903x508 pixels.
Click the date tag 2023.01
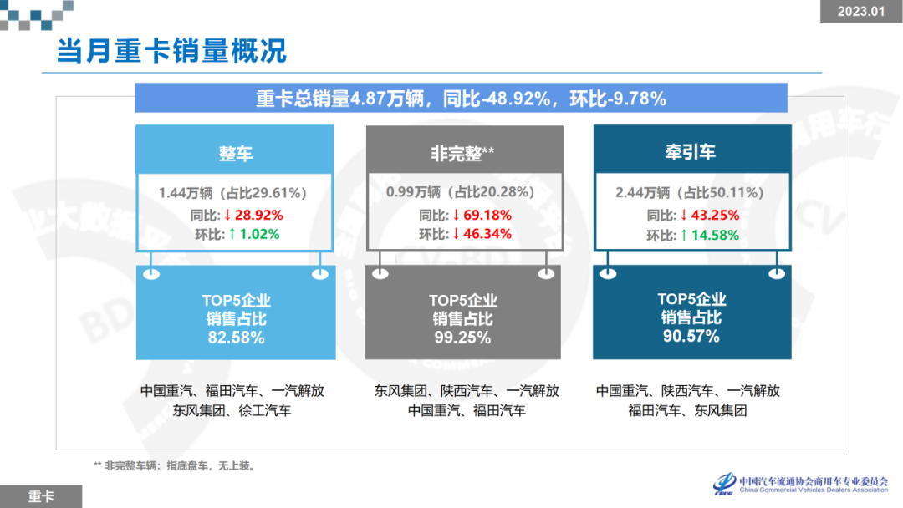860,11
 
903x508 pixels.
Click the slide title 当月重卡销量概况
171,50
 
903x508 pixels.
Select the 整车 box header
235,153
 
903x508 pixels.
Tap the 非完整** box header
462,153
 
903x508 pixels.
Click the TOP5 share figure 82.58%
236,338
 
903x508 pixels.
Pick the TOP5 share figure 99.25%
462,338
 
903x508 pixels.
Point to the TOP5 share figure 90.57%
691,337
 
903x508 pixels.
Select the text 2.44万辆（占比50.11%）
690,193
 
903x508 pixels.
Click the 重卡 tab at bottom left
41,496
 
